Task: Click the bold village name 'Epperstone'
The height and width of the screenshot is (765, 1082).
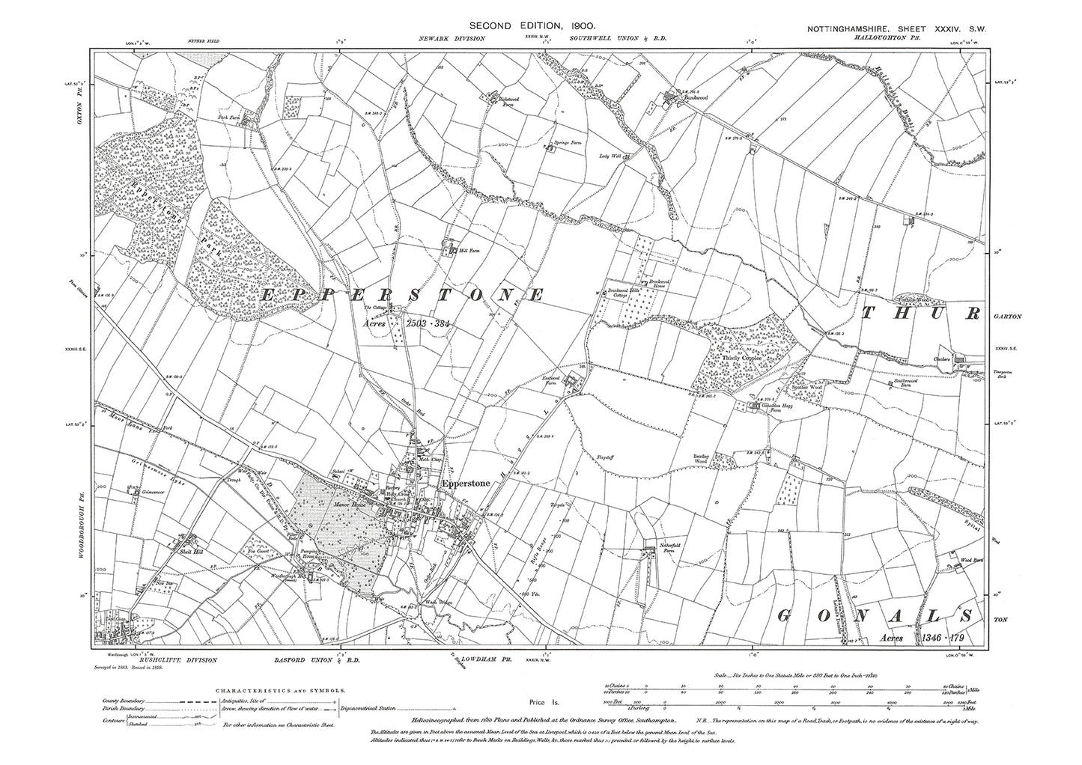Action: [466, 484]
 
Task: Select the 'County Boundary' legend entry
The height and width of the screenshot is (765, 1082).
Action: [124, 701]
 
